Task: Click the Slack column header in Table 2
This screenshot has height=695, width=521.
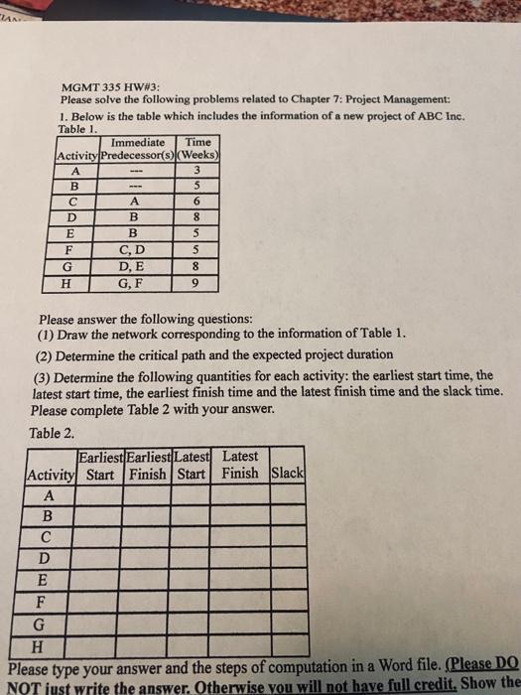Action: [x=288, y=470]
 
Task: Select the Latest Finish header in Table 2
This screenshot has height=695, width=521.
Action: [x=239, y=464]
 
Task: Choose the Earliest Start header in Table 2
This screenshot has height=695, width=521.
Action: [x=100, y=464]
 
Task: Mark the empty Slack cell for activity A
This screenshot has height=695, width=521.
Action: [x=288, y=493]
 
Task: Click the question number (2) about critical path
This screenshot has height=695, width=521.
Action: [x=46, y=354]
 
